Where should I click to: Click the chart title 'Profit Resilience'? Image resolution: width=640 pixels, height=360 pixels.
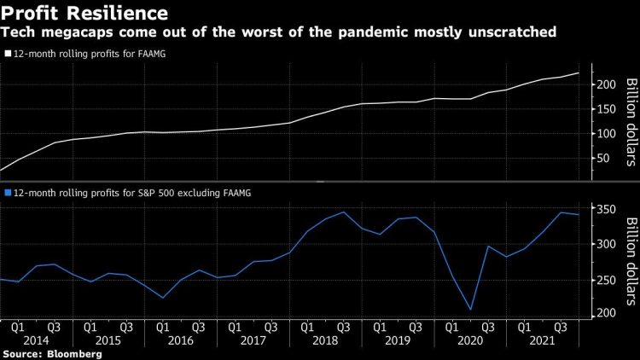pyautogui.click(x=82, y=14)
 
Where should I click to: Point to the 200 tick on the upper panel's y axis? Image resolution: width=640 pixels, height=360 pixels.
pyautogui.click(x=605, y=84)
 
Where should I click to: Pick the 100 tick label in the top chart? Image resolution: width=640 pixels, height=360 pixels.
pyautogui.click(x=605, y=133)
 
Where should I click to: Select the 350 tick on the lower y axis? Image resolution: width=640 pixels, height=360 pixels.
pyautogui.click(x=605, y=210)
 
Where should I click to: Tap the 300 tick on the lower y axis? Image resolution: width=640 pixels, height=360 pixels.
pyautogui.click(x=605, y=244)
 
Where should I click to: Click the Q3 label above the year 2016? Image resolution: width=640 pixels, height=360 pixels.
pyautogui.click(x=197, y=325)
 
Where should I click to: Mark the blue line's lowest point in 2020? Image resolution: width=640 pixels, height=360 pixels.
pyautogui.click(x=469, y=310)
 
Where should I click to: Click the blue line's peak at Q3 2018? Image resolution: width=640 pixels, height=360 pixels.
pyautogui.click(x=343, y=212)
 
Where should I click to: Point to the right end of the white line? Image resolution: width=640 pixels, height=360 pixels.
pyautogui.click(x=579, y=73)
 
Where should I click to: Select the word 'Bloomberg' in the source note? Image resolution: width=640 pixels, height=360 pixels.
pyautogui.click(x=71, y=352)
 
